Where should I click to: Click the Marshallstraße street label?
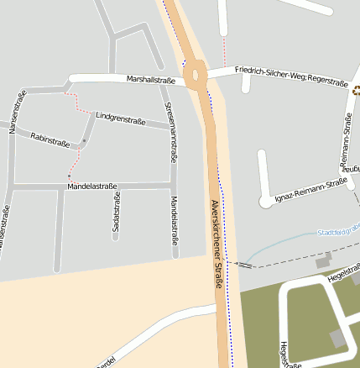(x=151, y=80)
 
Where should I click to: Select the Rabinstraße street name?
(x=50, y=139)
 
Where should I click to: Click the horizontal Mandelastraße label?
(x=91, y=186)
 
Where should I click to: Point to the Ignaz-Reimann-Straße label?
(x=310, y=191)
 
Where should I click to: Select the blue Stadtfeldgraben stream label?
(x=337, y=231)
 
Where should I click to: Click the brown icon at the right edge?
(x=357, y=90)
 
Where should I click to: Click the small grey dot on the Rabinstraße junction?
(x=84, y=140)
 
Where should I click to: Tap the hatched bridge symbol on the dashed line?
(x=243, y=265)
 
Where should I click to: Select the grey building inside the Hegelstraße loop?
(x=337, y=339)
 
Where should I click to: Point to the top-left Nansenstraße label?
(x=13, y=113)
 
